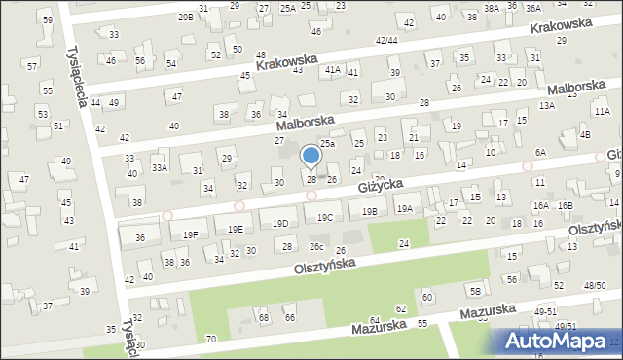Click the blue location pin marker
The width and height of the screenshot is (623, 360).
point(311,157)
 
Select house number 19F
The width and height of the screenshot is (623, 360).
point(191,234)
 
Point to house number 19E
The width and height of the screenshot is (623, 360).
point(236,229)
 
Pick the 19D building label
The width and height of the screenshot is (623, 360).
point(280,224)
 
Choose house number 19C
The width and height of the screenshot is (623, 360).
point(325,218)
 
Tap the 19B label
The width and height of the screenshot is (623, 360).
point(369,211)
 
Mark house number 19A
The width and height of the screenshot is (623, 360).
point(405,208)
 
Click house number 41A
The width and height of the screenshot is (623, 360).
point(333,69)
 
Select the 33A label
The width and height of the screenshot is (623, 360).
point(160,167)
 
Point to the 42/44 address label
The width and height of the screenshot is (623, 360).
point(386,41)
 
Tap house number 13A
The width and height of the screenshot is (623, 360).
point(547,105)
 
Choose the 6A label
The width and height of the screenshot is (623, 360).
point(540,153)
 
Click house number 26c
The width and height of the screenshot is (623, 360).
point(316,246)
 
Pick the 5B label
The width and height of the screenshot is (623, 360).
point(475,291)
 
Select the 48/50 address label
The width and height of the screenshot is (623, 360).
point(595,285)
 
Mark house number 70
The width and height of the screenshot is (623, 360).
point(211,339)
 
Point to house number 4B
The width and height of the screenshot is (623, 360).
point(585,134)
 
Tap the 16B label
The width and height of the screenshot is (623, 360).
point(566,206)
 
